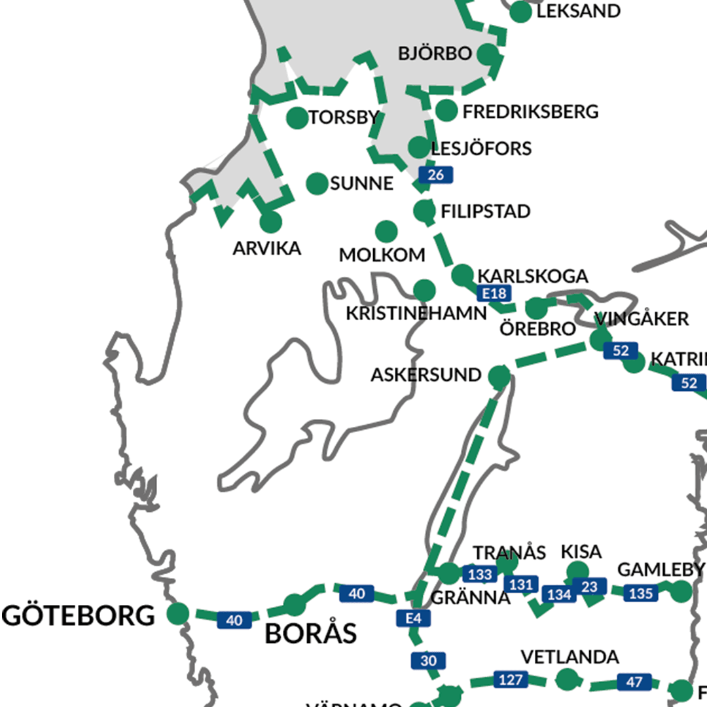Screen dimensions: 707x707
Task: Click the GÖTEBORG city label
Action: tap(79, 616)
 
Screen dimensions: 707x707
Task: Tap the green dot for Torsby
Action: tap(297, 118)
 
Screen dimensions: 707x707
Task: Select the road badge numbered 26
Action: tap(435, 175)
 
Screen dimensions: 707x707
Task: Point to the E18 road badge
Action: tap(493, 293)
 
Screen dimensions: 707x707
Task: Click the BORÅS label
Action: tap(311, 634)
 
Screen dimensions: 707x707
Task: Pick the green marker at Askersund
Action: tap(499, 376)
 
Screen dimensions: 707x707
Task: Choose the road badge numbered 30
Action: tap(428, 661)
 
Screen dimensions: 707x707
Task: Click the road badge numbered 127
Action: tap(510, 680)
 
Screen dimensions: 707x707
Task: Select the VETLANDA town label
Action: tap(570, 657)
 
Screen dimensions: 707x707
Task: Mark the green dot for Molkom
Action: tap(386, 230)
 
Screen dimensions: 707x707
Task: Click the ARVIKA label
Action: tap(267, 249)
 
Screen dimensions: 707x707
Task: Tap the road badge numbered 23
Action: tap(589, 587)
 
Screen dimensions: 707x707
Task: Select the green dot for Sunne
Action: tap(317, 183)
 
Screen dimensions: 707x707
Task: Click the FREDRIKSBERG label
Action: tap(530, 112)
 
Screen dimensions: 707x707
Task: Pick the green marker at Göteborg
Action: tap(177, 613)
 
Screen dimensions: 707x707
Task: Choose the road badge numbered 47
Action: tap(634, 682)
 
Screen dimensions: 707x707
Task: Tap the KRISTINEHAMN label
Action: tap(416, 313)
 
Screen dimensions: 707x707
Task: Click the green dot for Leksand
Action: tap(520, 12)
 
